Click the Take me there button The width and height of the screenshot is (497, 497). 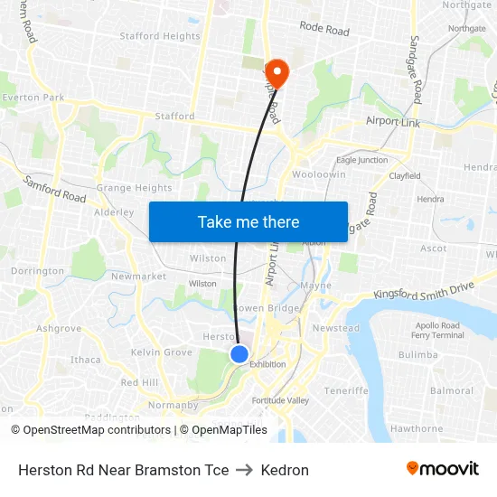(248, 221)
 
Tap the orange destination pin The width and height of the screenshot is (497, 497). (276, 73)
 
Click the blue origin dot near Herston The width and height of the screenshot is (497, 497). (239, 353)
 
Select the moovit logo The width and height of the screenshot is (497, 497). (443, 469)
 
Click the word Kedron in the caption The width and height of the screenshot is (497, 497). (285, 470)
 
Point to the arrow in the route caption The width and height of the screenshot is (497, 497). (244, 470)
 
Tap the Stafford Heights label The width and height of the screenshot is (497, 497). (160, 36)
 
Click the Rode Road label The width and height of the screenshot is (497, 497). (324, 30)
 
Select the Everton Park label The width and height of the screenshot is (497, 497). (33, 97)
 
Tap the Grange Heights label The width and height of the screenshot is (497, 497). (134, 188)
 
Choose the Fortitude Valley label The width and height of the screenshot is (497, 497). (280, 400)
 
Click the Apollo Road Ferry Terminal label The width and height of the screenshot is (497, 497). (438, 330)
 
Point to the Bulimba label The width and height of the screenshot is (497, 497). (417, 355)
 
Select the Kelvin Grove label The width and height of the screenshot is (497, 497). (161, 352)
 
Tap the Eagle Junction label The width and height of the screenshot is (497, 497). (361, 160)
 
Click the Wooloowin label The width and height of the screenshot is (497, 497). (313, 173)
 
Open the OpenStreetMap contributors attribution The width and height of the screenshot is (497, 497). (97, 430)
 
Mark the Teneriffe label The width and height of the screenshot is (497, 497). (347, 390)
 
